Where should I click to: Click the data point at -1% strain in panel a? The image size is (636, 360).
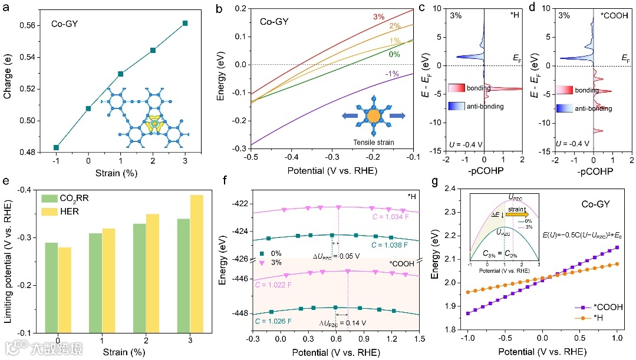56,147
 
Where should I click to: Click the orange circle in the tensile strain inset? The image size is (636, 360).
374,115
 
